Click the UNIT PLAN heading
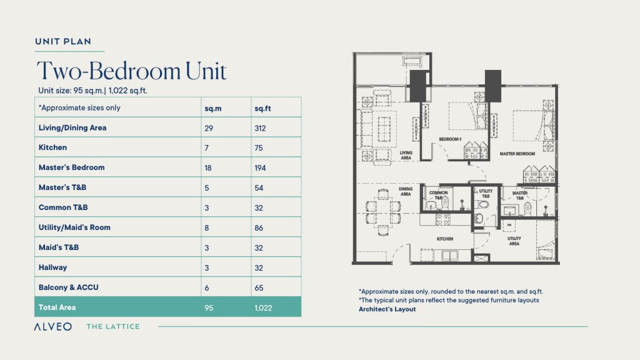[x=63, y=42]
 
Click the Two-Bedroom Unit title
[x=131, y=71]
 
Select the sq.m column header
[x=213, y=107]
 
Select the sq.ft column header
[x=262, y=107]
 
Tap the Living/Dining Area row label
[x=72, y=127]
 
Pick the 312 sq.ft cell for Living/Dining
[x=260, y=128]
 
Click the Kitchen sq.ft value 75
[x=258, y=148]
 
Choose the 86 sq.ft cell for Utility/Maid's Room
[x=258, y=228]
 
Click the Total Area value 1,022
[x=263, y=307]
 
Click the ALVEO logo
[x=53, y=326]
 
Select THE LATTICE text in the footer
[x=113, y=326]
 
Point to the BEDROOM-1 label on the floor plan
[x=450, y=139]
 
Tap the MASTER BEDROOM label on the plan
[x=517, y=153]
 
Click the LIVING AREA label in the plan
[x=406, y=154]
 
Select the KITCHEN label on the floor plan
[x=445, y=239]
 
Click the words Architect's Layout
[x=387, y=309]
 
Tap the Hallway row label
[x=53, y=267]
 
